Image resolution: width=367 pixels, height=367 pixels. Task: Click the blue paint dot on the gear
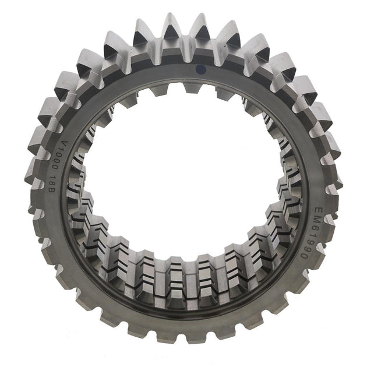pyautogui.click(x=201, y=69)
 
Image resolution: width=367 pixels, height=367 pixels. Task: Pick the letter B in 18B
pyautogui.click(x=51, y=190)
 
